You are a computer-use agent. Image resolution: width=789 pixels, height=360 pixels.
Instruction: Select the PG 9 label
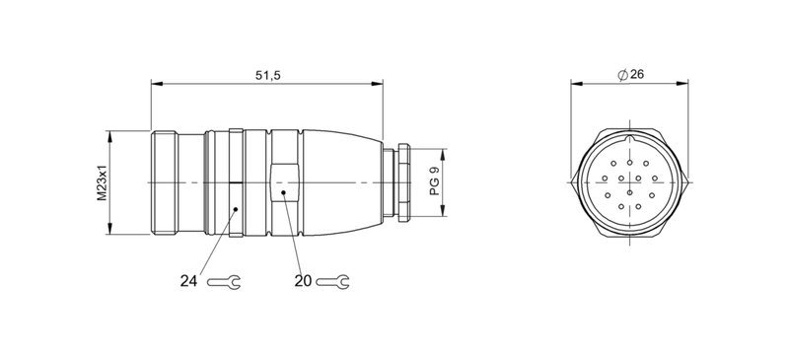(435, 181)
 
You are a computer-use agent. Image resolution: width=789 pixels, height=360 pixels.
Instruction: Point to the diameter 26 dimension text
(636, 76)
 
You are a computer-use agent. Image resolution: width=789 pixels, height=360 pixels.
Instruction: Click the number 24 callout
(190, 281)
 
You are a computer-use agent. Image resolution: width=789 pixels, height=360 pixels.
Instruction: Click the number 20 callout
(304, 281)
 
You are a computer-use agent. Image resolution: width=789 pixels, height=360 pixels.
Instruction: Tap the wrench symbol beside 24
(225, 282)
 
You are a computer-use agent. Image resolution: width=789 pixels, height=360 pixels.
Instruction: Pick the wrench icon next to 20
(336, 282)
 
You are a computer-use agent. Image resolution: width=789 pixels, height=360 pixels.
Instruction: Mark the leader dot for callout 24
(237, 209)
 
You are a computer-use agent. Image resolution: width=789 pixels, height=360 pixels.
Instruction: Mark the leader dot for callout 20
(283, 193)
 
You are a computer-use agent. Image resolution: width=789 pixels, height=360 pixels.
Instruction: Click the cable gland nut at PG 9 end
(401, 182)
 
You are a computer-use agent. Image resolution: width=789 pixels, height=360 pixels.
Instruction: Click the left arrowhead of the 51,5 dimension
(155, 86)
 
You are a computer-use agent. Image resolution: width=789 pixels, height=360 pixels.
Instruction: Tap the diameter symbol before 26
(622, 76)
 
